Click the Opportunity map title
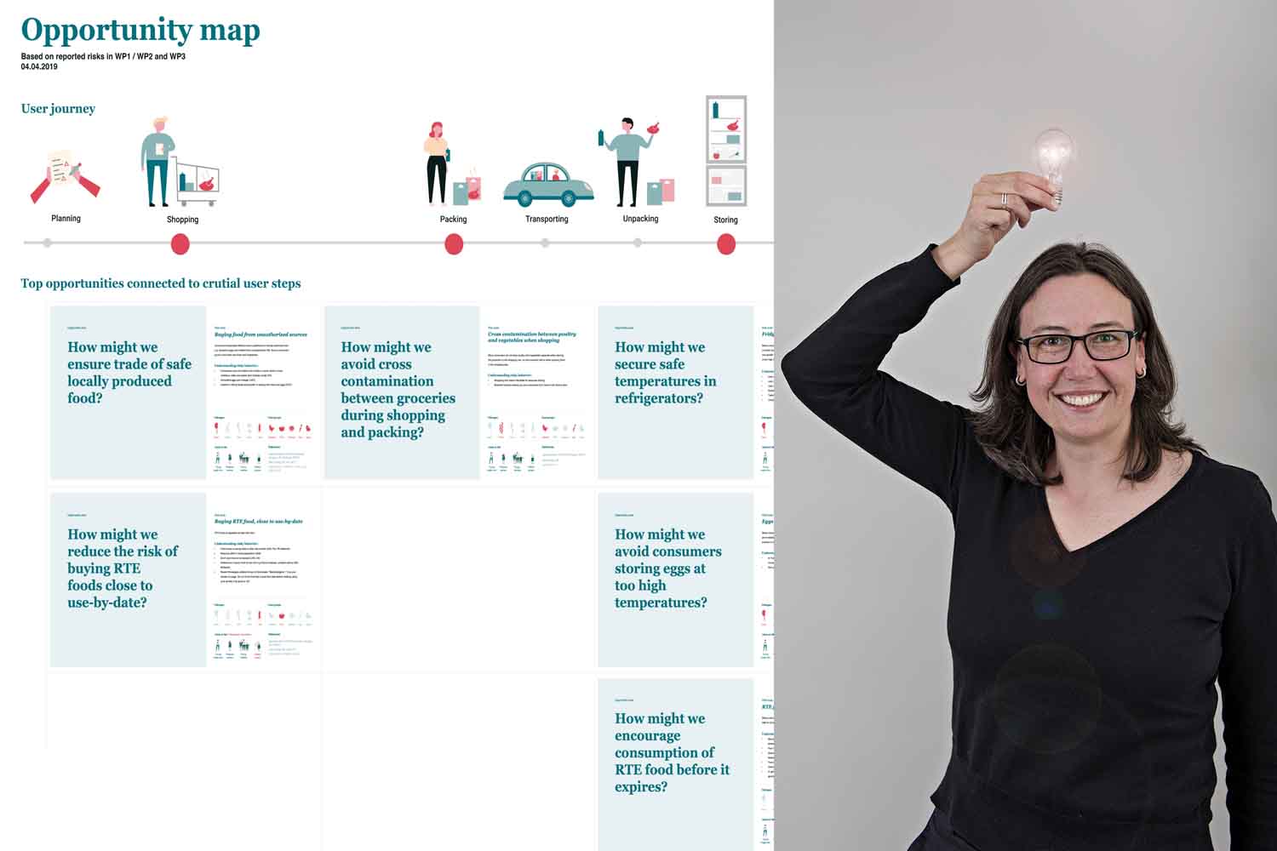[140, 31]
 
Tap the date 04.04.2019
[39, 66]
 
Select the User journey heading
[58, 109]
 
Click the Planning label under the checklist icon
[66, 219]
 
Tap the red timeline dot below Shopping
[180, 244]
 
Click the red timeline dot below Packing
[454, 244]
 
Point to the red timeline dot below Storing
[726, 244]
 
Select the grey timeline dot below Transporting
[545, 243]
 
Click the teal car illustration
[548, 184]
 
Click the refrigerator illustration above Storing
[726, 151]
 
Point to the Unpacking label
[640, 219]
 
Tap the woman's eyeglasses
[1077, 345]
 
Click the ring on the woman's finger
[1005, 199]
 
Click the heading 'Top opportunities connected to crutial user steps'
[161, 283]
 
